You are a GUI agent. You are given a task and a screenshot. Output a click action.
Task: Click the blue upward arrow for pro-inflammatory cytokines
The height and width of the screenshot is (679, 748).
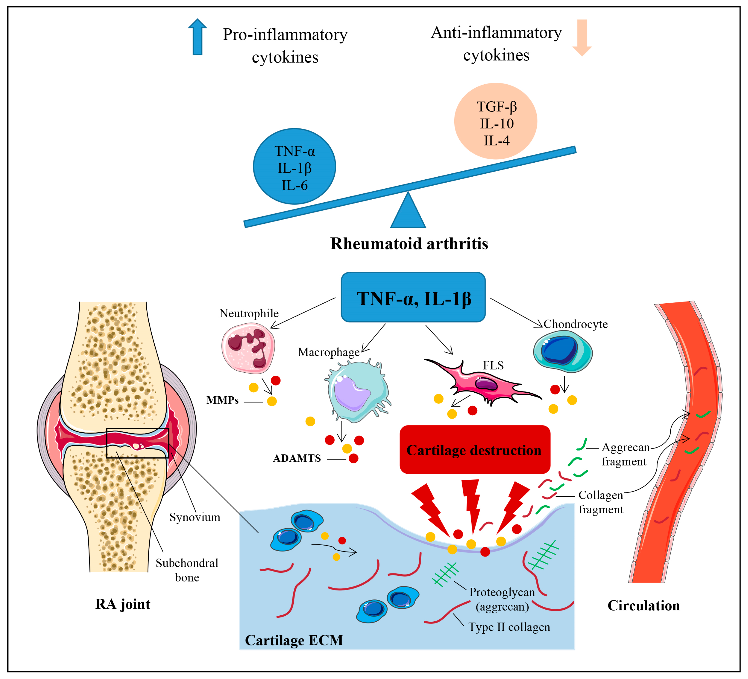pos(197,37)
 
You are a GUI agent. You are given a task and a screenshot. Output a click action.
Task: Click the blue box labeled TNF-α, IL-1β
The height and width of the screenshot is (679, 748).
pos(413,298)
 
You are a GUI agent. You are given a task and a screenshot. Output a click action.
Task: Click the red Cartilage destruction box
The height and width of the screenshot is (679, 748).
pos(475,450)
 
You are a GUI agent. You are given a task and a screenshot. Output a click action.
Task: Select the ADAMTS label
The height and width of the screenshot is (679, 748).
pos(296,458)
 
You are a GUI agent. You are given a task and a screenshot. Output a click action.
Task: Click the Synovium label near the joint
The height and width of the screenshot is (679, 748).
pos(195,517)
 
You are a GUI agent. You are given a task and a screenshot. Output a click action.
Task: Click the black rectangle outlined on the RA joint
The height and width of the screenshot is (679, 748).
pos(138,443)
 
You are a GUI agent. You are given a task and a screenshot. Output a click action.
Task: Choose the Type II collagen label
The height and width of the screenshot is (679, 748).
pos(509,627)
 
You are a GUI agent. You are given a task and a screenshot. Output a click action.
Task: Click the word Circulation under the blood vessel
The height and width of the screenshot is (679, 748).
pos(643,606)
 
